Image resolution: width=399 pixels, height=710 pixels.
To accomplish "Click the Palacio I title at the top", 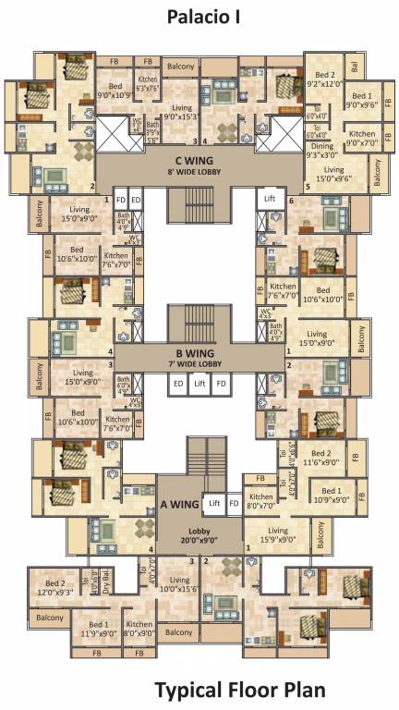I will pyautogui.click(x=199, y=16).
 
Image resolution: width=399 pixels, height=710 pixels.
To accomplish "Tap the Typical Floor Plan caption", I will pyautogui.click(x=239, y=690).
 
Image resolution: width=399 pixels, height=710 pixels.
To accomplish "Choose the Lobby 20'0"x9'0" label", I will pyautogui.click(x=199, y=536).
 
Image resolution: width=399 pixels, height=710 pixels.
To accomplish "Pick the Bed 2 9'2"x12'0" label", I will pyautogui.click(x=325, y=80).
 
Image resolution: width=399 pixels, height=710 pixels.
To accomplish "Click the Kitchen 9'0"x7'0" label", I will pyautogui.click(x=362, y=139).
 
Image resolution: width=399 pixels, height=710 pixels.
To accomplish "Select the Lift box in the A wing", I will pyautogui.click(x=214, y=504).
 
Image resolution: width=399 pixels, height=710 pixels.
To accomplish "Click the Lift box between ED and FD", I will pyautogui.click(x=199, y=382).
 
